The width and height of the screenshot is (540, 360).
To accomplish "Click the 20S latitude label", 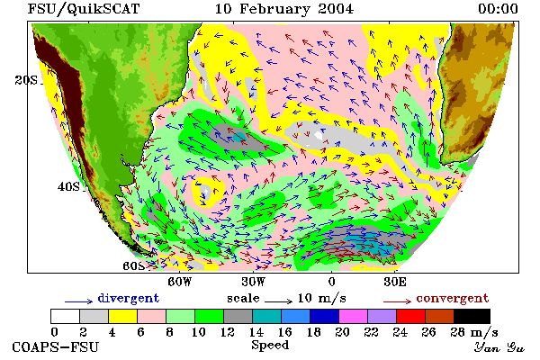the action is click(x=26, y=80).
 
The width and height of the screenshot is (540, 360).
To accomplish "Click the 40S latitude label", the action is click(x=68, y=186).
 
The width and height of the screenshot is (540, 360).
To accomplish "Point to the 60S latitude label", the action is click(x=134, y=266).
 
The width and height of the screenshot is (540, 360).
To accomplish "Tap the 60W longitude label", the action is click(x=179, y=282).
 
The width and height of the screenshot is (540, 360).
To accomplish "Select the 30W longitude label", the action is click(x=253, y=282).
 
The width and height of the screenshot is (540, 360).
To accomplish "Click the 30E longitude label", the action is click(x=395, y=282).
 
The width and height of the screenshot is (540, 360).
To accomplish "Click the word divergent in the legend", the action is click(x=129, y=298).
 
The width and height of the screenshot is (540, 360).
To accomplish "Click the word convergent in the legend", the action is click(x=453, y=298).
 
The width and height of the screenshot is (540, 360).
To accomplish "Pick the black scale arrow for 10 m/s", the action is click(x=279, y=301).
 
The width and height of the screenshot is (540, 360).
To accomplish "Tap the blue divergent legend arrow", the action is click(x=78, y=301).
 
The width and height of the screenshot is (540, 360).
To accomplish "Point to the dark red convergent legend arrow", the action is click(x=397, y=301).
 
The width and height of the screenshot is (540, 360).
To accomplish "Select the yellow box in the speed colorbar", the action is click(x=122, y=316).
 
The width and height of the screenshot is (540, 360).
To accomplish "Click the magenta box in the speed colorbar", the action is click(x=353, y=316).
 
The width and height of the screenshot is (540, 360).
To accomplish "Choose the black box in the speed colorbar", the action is click(x=472, y=316).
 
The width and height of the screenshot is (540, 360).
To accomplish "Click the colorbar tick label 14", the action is click(x=256, y=332).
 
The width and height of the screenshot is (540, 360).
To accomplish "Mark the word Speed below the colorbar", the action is click(x=270, y=346).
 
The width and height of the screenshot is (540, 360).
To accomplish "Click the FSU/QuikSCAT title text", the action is click(x=84, y=9).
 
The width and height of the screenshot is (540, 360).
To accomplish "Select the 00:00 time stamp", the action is click(x=498, y=9).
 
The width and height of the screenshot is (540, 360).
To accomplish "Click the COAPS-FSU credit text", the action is click(x=56, y=346).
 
